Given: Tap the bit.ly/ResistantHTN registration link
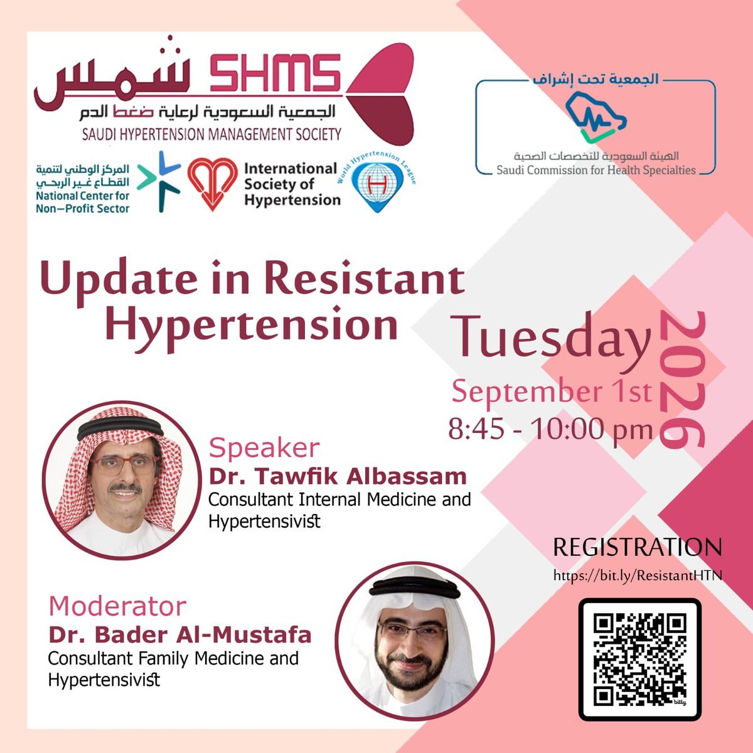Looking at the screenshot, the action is (638, 575).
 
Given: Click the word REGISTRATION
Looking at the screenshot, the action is (638, 547).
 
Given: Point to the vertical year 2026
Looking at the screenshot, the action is (682, 380).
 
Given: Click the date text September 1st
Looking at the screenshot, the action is (552, 392).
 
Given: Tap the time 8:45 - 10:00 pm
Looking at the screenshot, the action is (550, 429).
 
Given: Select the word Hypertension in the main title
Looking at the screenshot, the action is (251, 326).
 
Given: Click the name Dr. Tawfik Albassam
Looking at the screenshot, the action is (338, 476).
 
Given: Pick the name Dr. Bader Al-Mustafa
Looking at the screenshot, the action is (179, 634).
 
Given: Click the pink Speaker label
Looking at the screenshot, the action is (264, 448).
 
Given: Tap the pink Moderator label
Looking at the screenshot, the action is (117, 606).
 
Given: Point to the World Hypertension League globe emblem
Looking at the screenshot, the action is (376, 185).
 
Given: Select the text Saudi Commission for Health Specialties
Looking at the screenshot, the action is (596, 171).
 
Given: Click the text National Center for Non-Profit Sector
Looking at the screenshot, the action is (82, 202).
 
